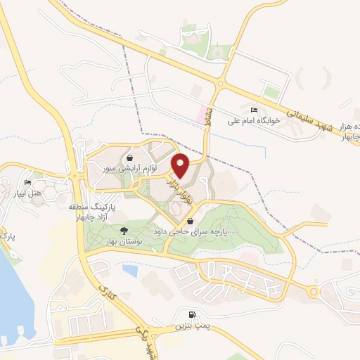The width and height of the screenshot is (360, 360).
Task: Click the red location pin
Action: coord(181,166)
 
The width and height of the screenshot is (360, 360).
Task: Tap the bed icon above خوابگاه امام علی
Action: coord(254,110)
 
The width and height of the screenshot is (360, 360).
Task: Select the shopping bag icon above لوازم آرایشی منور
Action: coord(134,156)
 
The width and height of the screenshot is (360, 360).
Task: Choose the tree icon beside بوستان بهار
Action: coord(124,231)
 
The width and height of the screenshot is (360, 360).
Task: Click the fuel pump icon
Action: coord(192,314)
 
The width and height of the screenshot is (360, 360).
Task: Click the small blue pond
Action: coord(130,269)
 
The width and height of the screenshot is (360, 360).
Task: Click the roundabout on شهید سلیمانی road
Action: coord(220,83)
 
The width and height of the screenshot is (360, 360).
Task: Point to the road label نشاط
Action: coord(210,121)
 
